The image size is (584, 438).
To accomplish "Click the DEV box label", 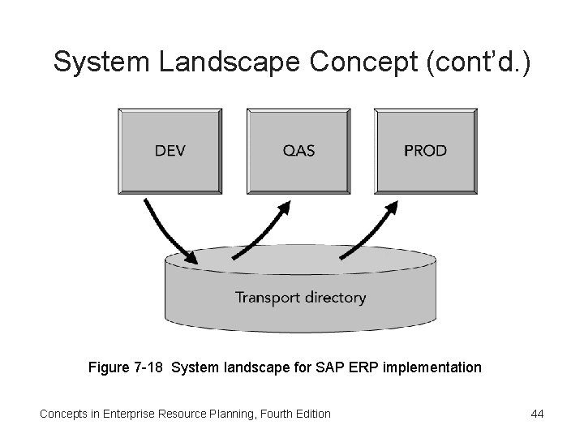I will pyautogui.click(x=170, y=151).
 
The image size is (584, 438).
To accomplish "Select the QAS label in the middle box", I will pyautogui.click(x=299, y=151).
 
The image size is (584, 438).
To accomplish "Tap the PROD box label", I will pyautogui.click(x=425, y=151).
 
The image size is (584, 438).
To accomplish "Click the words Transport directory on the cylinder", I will pyautogui.click(x=300, y=298).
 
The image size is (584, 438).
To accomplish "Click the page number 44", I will pyautogui.click(x=536, y=414).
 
